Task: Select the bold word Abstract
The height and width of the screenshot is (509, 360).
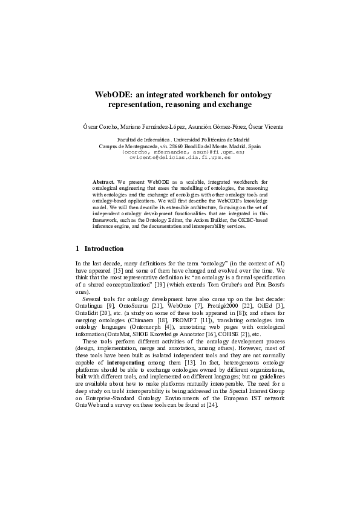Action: tap(103, 181)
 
